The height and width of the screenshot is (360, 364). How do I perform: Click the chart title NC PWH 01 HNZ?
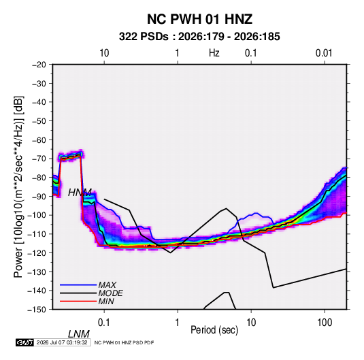199,19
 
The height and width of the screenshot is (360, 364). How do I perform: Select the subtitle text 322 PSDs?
144,37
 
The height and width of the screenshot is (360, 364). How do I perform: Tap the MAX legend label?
107,285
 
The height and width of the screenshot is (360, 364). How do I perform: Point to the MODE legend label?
110,293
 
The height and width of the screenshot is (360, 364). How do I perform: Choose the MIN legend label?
106,301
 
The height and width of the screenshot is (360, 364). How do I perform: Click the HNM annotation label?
80,193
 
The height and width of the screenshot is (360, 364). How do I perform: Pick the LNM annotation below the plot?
79,334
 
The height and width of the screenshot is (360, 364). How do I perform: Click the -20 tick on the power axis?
39,65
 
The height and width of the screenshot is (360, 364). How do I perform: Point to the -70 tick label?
39,159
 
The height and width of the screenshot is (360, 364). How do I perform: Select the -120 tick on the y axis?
37,253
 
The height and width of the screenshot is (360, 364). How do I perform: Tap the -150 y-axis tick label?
37,310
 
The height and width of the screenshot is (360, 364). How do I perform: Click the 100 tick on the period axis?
325,322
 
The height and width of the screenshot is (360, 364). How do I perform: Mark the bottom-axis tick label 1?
178,322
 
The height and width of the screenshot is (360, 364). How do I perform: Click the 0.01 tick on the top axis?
324,53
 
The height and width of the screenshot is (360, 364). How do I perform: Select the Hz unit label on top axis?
214,53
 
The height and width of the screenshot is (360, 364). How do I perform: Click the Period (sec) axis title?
214,330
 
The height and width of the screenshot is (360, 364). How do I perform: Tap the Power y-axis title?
18,186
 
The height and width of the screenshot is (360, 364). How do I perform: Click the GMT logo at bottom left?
24,342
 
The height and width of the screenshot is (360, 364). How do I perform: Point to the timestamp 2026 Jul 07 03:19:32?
62,342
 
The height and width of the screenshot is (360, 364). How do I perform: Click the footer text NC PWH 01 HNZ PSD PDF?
124,342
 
